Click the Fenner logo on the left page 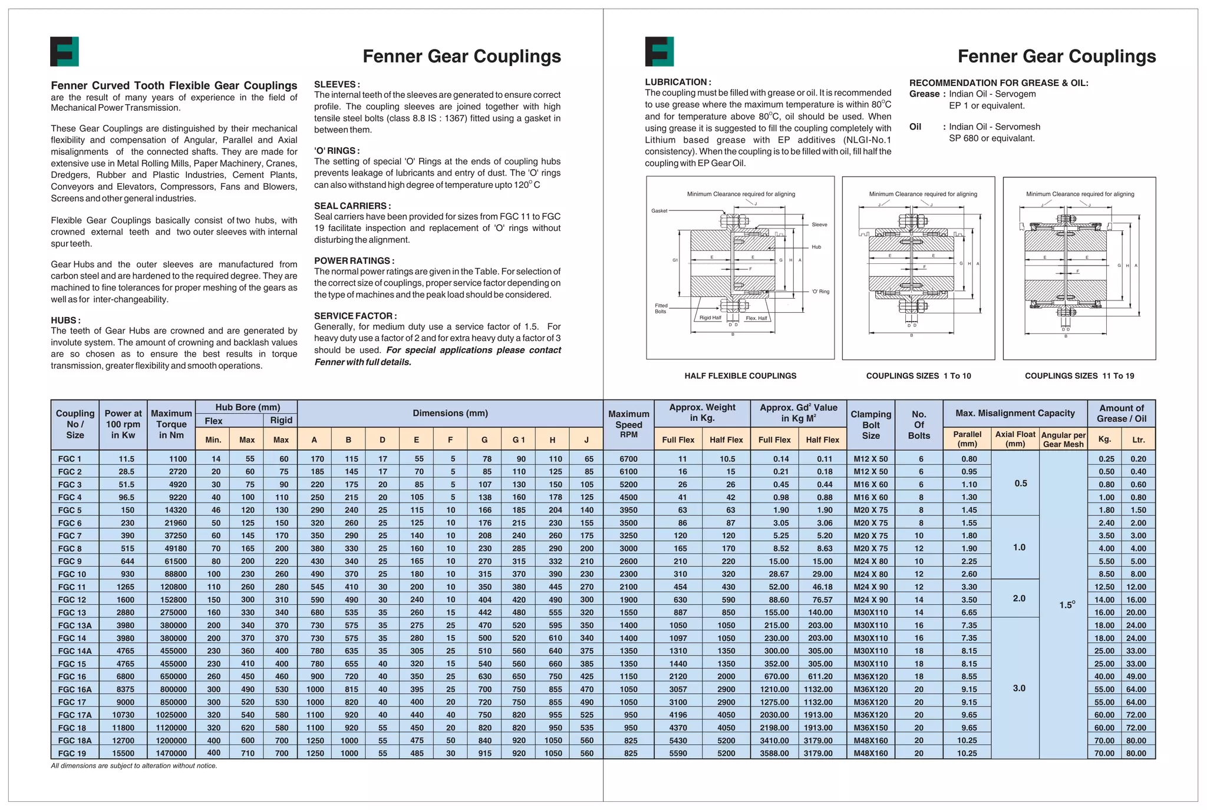pyautogui.click(x=64, y=51)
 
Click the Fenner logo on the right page pyautogui.click(x=659, y=51)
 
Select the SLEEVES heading pyautogui.click(x=337, y=84)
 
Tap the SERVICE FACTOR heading pyautogui.click(x=355, y=316)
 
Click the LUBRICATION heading pyautogui.click(x=678, y=82)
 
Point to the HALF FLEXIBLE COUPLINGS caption pyautogui.click(x=740, y=376)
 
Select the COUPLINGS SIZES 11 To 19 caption pyautogui.click(x=1079, y=376)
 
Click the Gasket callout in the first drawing pyautogui.click(x=659, y=211)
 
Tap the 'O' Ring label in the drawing pyautogui.click(x=820, y=292)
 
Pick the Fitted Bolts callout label pyautogui.click(x=661, y=308)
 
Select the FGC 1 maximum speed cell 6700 pyautogui.click(x=628, y=459)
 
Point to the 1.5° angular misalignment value pyautogui.click(x=1067, y=605)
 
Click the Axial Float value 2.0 pyautogui.click(x=1019, y=599)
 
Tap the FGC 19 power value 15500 pyautogui.click(x=123, y=753)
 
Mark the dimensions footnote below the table pyautogui.click(x=134, y=766)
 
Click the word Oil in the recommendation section pyautogui.click(x=915, y=127)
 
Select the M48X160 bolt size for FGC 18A pyautogui.click(x=870, y=740)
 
